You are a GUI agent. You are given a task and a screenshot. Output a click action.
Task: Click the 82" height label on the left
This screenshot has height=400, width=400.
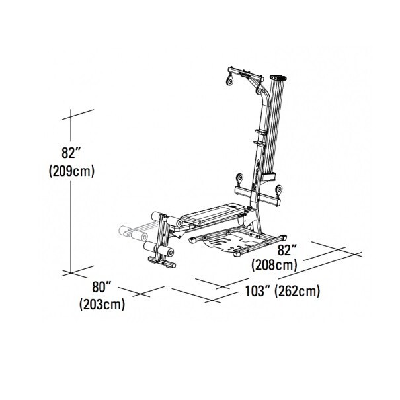(70, 153)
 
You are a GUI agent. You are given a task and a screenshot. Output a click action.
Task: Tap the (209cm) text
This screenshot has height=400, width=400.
(72, 171)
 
